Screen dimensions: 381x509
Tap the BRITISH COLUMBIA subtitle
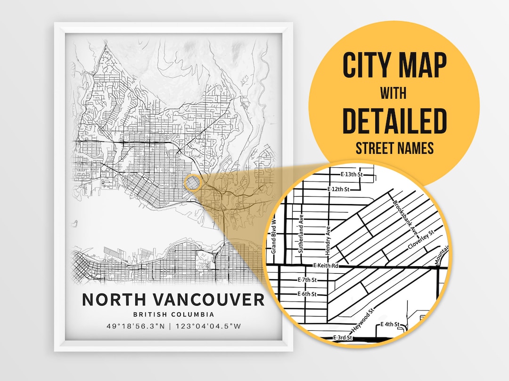(x=173, y=315)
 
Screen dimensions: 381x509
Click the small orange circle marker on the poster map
(x=193, y=183)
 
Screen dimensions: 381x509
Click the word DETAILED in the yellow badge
(x=394, y=121)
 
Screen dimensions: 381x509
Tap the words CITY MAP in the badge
(x=394, y=66)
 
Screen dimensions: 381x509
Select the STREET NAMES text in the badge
(x=394, y=149)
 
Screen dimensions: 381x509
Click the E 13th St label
(x=353, y=175)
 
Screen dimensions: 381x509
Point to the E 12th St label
(x=338, y=189)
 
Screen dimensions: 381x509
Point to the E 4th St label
(x=390, y=325)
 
